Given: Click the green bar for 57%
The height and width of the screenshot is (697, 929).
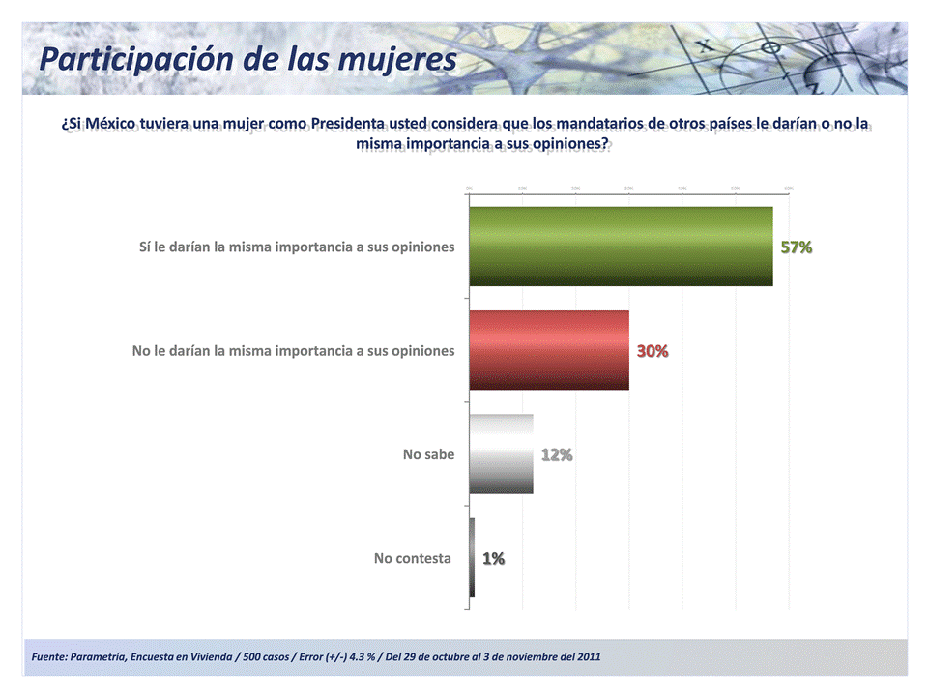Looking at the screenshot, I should (621, 247).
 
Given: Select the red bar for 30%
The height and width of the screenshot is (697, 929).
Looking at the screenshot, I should (549, 350).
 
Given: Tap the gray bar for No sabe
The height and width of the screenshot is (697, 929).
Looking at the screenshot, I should (501, 453).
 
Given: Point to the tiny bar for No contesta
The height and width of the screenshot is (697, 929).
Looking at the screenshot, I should (472, 558).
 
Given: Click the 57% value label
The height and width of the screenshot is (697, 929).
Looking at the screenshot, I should (797, 247).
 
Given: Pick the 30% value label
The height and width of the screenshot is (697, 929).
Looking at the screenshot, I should (653, 351).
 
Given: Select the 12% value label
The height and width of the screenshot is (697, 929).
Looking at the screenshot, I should (557, 454).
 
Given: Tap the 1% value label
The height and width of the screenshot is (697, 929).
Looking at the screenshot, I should (493, 558).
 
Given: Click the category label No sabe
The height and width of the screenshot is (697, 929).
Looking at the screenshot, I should (428, 454).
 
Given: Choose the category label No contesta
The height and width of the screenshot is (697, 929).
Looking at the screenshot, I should (412, 558).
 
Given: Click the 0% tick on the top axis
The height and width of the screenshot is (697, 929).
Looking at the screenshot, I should (469, 188).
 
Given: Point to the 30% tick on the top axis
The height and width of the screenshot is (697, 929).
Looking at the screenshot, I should (628, 188).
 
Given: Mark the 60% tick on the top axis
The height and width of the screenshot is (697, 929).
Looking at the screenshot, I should (789, 188).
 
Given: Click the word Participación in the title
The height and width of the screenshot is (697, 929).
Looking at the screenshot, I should (136, 60).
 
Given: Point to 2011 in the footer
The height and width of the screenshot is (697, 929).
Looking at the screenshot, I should (588, 657).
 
